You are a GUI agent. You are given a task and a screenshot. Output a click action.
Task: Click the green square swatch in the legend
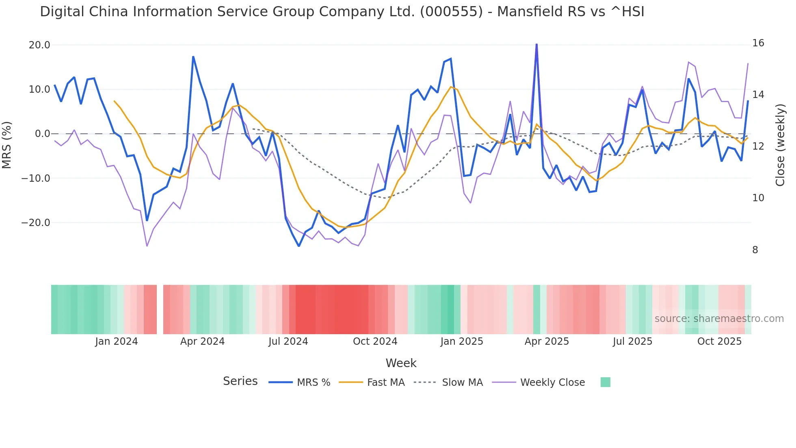coord(605,382)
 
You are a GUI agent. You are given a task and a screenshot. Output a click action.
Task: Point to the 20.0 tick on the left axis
coord(39,45)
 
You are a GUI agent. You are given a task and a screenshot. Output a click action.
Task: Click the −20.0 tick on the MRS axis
coord(36,223)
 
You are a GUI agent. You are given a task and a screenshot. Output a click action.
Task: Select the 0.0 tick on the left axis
coord(43,134)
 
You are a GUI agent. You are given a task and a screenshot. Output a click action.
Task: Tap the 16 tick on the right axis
coord(758,43)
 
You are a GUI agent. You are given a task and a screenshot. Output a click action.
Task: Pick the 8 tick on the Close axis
coord(755,250)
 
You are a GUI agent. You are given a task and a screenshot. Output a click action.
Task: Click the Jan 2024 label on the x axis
coord(117,341)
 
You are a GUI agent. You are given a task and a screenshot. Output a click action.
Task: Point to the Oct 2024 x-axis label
coord(375,341)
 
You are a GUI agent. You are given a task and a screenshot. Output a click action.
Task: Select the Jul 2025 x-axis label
coord(632,341)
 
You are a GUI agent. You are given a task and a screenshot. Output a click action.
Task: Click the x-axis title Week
coord(401,363)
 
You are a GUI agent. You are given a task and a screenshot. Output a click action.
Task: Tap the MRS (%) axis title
coord(7,145)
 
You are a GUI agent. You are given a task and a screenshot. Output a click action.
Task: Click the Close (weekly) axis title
coord(780,145)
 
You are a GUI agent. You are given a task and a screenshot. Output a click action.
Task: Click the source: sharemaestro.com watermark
coord(719,319)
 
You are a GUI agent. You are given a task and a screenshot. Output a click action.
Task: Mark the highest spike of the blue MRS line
coord(536,44)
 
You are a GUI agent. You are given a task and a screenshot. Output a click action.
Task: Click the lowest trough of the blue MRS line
coord(299,246)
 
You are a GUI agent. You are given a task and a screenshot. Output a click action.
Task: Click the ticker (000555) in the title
coord(451,12)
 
